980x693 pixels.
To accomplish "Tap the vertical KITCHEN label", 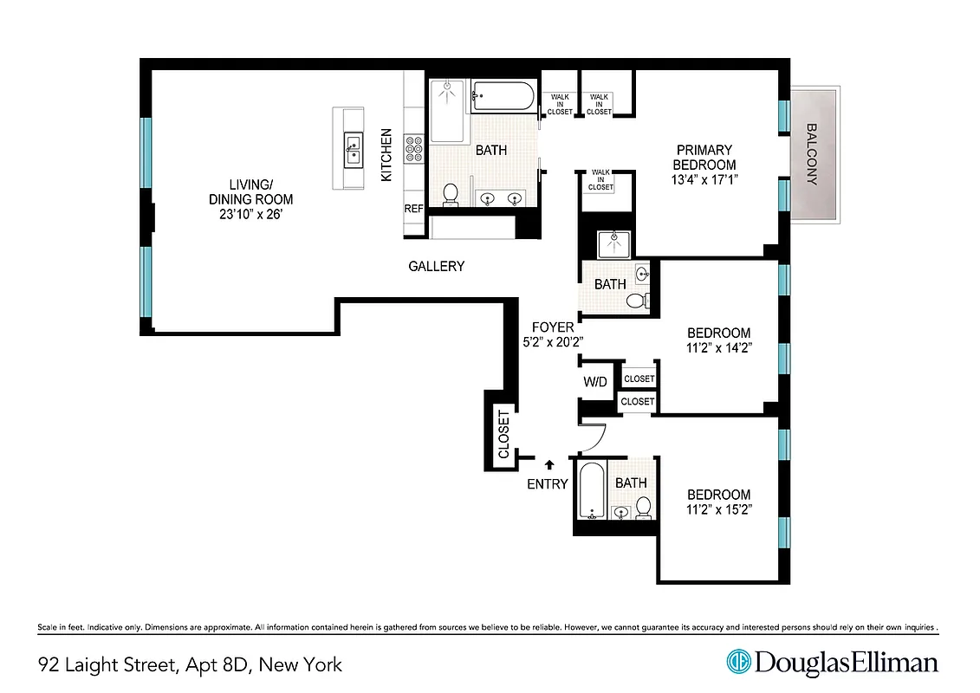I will (x=387, y=155).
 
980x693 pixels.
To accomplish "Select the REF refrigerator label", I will (x=413, y=209).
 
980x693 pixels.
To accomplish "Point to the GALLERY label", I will (x=436, y=267).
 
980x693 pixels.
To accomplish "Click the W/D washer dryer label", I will (x=595, y=382).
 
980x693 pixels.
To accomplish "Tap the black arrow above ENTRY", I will (x=548, y=465).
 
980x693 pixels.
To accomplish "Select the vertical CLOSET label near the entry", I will (x=503, y=434).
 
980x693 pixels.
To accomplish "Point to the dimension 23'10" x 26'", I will (x=250, y=213).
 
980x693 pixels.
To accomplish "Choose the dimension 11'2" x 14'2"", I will (x=718, y=348).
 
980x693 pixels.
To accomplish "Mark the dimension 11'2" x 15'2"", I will (x=718, y=509).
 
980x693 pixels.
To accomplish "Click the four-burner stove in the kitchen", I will (x=413, y=151).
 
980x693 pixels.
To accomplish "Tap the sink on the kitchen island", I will (x=353, y=149).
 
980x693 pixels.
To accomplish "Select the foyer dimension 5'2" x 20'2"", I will (x=553, y=341).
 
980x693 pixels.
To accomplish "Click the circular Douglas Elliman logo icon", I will (x=737, y=662).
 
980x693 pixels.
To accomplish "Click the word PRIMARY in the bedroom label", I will (x=704, y=150).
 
